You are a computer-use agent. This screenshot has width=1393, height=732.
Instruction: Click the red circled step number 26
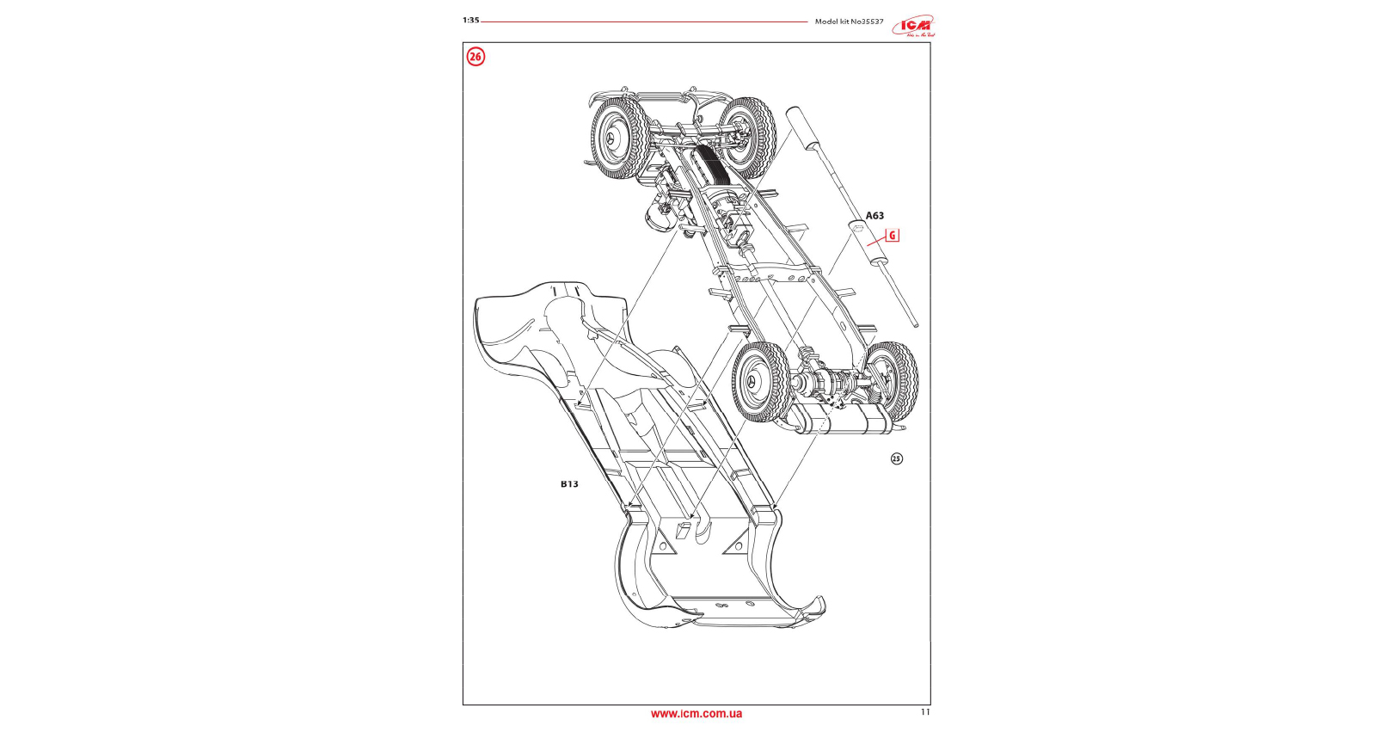476,57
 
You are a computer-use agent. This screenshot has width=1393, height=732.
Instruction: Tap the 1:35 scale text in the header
470,20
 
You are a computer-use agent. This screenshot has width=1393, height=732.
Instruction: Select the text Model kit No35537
849,21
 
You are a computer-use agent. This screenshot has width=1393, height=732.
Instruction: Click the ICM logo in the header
913,26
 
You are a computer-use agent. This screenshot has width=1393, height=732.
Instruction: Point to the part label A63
874,215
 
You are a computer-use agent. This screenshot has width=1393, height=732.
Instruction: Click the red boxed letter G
893,235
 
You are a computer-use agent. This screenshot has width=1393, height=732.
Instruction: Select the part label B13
569,483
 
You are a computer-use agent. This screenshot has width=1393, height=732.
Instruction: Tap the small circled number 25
897,458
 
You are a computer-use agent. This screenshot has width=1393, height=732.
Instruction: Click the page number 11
925,711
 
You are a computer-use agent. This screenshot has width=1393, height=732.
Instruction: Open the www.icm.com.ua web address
696,713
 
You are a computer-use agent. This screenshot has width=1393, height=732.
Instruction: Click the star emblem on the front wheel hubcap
612,139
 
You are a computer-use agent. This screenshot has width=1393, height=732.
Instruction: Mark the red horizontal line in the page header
645,21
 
